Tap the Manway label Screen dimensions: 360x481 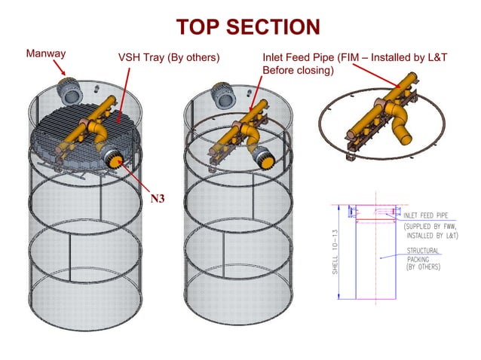pos(47,53)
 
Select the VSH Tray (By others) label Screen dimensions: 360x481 pos(168,57)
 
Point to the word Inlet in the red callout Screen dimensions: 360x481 pos(275,57)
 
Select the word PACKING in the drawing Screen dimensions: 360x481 pos(421,259)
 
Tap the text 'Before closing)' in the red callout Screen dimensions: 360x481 pos(297,70)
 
